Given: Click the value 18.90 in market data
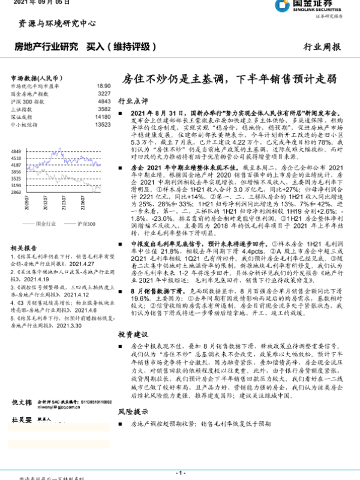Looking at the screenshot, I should click(x=104, y=86).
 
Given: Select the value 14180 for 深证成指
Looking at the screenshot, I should click(x=103, y=117).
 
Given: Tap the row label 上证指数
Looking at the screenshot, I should click(x=22, y=109).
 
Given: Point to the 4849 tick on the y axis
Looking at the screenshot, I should click(x=16, y=151).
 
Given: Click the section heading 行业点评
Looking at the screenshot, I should click(x=133, y=101).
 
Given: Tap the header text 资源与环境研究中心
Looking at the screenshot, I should click(x=57, y=24).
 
